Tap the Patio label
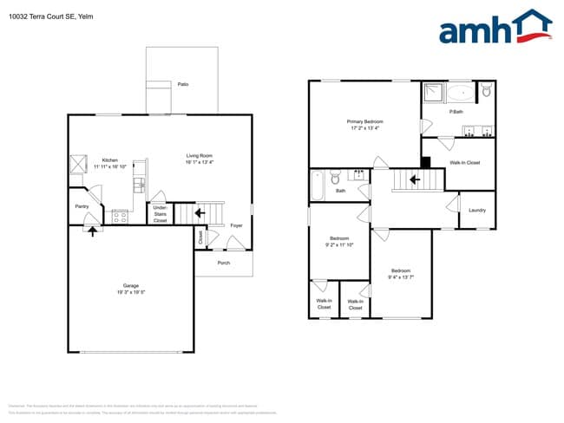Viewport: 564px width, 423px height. (183, 84)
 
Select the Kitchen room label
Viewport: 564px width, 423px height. (110, 159)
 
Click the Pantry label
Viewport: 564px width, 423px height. (82, 206)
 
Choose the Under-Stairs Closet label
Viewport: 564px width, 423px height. (161, 214)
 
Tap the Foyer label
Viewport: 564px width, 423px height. (235, 226)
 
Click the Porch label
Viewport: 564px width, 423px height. (223, 263)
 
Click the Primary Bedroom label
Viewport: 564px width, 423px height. (365, 122)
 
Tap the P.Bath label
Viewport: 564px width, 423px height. (456, 112)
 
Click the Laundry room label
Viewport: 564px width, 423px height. (476, 211)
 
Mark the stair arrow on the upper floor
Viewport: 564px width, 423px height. (415, 180)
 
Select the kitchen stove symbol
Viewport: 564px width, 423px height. (120, 218)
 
